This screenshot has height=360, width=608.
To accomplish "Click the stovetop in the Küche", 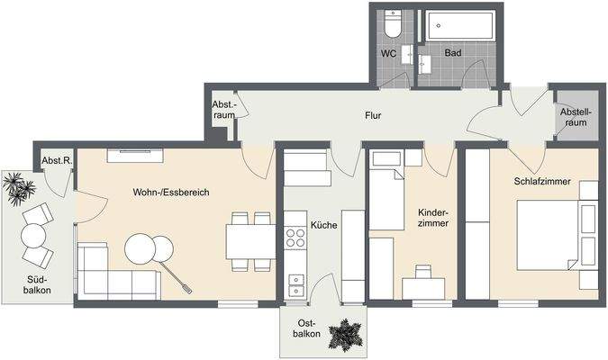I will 295,238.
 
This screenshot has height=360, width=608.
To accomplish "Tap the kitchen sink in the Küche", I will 295,286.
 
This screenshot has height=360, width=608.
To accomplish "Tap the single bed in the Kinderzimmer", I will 388,194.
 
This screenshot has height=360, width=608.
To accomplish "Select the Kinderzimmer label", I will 433,221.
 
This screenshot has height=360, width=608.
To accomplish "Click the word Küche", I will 323,224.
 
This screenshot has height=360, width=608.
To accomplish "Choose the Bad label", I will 453,54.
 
